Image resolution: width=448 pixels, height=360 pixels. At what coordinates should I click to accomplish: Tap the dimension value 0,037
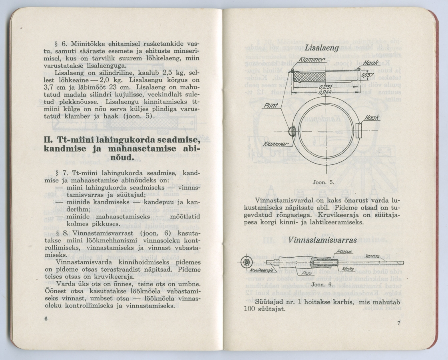click(367, 76)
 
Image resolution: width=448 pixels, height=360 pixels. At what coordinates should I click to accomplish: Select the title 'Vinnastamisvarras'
click(322, 240)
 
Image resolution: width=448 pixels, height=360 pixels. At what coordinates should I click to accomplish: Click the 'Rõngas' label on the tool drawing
click(344, 252)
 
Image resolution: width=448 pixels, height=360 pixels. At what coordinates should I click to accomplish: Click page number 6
click(46, 318)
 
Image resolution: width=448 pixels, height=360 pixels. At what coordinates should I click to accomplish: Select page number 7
click(398, 323)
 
